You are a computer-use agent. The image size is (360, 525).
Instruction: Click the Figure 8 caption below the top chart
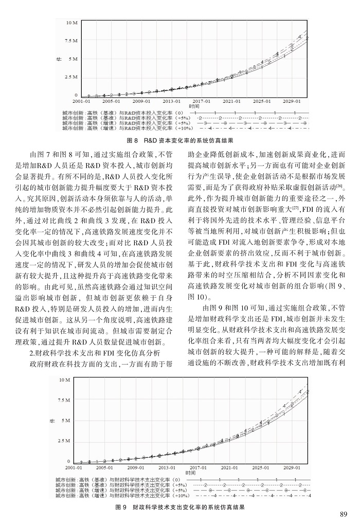pos(179,140)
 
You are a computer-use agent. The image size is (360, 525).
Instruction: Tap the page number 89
pos(345,515)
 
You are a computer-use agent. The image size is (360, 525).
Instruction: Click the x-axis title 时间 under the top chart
pos(191,105)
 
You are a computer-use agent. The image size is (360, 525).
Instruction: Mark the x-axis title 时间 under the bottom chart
pos(191,473)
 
